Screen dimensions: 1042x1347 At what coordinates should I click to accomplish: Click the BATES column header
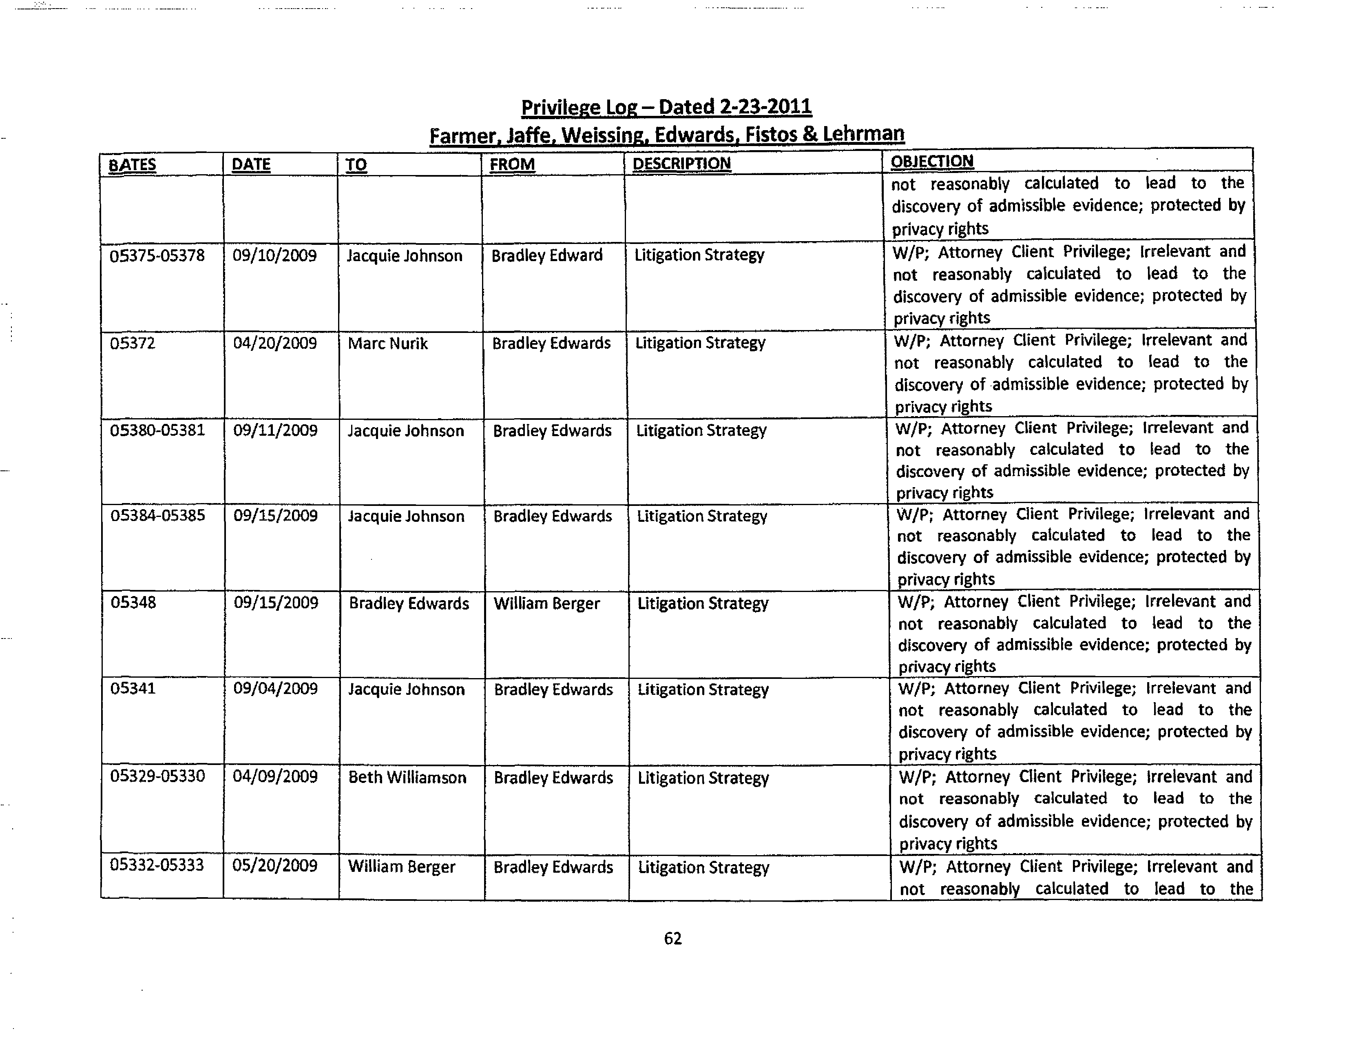click(132, 165)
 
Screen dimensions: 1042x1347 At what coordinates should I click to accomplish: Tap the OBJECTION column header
click(932, 162)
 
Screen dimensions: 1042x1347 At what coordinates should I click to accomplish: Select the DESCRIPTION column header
click(681, 164)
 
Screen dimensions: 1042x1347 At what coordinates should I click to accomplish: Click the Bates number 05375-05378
click(157, 255)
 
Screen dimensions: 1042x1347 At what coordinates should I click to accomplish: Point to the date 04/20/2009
click(275, 343)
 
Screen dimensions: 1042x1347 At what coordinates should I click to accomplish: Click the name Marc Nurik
click(387, 344)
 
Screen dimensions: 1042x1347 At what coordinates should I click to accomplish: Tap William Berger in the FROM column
click(546, 603)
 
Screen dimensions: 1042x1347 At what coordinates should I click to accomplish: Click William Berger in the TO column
click(402, 867)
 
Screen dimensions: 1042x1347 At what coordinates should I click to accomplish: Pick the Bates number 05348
click(133, 602)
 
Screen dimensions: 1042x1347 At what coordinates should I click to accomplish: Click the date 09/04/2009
click(276, 689)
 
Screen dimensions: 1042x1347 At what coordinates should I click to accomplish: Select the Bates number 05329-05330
click(157, 776)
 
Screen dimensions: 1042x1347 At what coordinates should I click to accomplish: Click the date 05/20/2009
click(275, 866)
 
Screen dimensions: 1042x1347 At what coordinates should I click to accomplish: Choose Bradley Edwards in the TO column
click(409, 603)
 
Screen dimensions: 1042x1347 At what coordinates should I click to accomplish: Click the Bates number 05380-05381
click(157, 430)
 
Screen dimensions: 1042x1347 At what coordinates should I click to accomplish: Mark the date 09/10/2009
click(274, 255)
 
